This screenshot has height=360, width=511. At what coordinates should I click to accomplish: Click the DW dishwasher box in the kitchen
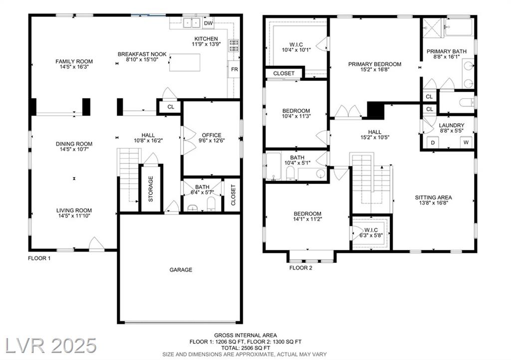(209, 23)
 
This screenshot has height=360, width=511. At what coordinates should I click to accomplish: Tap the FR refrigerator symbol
(234, 69)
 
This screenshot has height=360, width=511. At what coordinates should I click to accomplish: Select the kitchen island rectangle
(185, 62)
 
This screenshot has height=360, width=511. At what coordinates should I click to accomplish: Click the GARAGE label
(181, 270)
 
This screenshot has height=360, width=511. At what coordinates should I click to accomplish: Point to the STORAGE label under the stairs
(151, 189)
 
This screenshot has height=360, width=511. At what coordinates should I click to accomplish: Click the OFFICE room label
(212, 135)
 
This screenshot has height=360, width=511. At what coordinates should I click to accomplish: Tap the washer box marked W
(466, 143)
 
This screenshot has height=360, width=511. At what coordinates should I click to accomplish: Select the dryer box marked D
(433, 143)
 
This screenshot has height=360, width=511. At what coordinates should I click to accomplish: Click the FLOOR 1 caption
(39, 258)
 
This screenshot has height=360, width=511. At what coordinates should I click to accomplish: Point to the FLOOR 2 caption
(301, 268)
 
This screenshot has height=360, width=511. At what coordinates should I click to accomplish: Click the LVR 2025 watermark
(51, 346)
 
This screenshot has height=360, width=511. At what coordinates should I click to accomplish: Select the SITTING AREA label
(434, 197)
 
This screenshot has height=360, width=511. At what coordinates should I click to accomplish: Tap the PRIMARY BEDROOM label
(375, 64)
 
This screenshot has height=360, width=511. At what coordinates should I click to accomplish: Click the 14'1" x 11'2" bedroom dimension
(307, 219)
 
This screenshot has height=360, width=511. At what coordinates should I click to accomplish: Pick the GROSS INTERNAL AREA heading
(246, 335)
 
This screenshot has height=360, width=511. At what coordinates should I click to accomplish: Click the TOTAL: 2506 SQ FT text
(246, 348)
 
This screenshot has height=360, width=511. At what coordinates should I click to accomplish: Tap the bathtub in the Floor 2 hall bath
(273, 166)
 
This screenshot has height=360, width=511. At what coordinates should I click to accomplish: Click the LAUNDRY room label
(451, 125)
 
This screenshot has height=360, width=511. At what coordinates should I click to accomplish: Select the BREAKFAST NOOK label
(142, 54)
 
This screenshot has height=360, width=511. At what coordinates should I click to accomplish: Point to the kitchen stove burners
(234, 45)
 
